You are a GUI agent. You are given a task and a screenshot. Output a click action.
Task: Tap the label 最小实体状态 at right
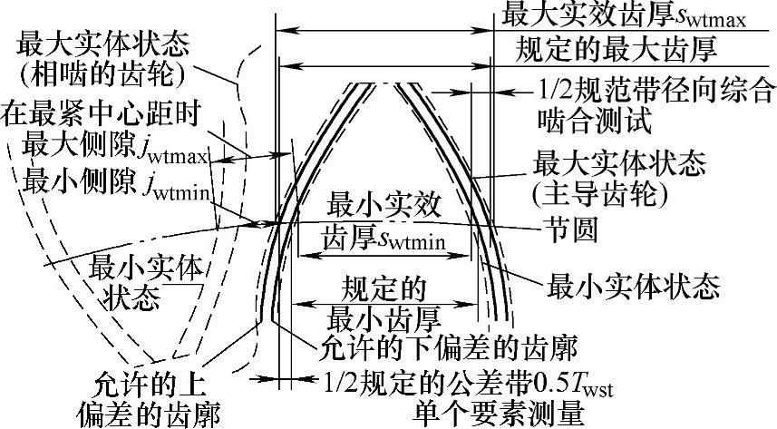click(x=635, y=288)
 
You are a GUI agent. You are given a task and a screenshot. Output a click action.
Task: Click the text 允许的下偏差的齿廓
click(x=450, y=346)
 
